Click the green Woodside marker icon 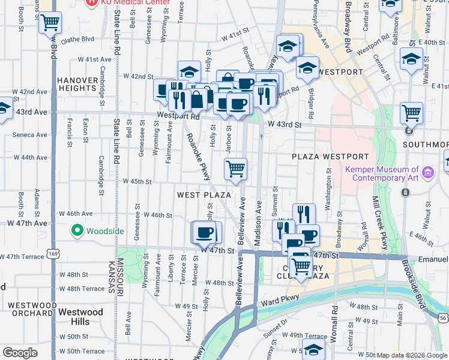[x=77, y=230]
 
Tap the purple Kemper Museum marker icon [x=427, y=174]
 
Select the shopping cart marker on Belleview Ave [x=236, y=168]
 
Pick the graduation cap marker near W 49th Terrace [x=314, y=349]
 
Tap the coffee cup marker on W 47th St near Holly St [x=205, y=232]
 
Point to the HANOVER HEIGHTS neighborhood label [x=77, y=84]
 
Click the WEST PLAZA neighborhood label [x=204, y=195]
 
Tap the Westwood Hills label [x=81, y=317]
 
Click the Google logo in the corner [x=20, y=353]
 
